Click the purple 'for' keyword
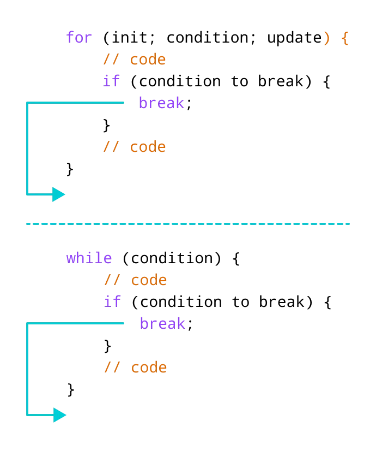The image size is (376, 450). pyautogui.click(x=79, y=38)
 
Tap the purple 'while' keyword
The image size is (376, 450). pyautogui.click(x=89, y=258)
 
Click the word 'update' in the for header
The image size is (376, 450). pyautogui.click(x=294, y=38)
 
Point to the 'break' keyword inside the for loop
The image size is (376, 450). pyautogui.click(x=161, y=103)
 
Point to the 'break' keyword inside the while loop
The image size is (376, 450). pyautogui.click(x=162, y=324)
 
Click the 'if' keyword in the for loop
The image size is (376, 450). pyautogui.click(x=111, y=81)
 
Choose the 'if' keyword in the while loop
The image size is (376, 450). pyautogui.click(x=112, y=302)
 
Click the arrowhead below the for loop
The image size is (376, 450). pyautogui.click(x=58, y=194)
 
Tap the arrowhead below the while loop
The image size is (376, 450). pyautogui.click(x=59, y=415)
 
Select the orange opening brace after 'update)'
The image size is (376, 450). pyautogui.click(x=344, y=38)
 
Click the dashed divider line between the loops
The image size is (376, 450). pyautogui.click(x=188, y=223)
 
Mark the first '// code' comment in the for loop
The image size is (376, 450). pyautogui.click(x=134, y=60)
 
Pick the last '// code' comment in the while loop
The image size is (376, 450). pyautogui.click(x=135, y=368)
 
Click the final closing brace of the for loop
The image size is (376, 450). pyautogui.click(x=70, y=169)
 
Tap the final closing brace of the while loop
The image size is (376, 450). pyautogui.click(x=71, y=390)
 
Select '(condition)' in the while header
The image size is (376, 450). pyautogui.click(x=172, y=258)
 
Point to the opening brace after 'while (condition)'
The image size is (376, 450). pyautogui.click(x=236, y=259)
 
